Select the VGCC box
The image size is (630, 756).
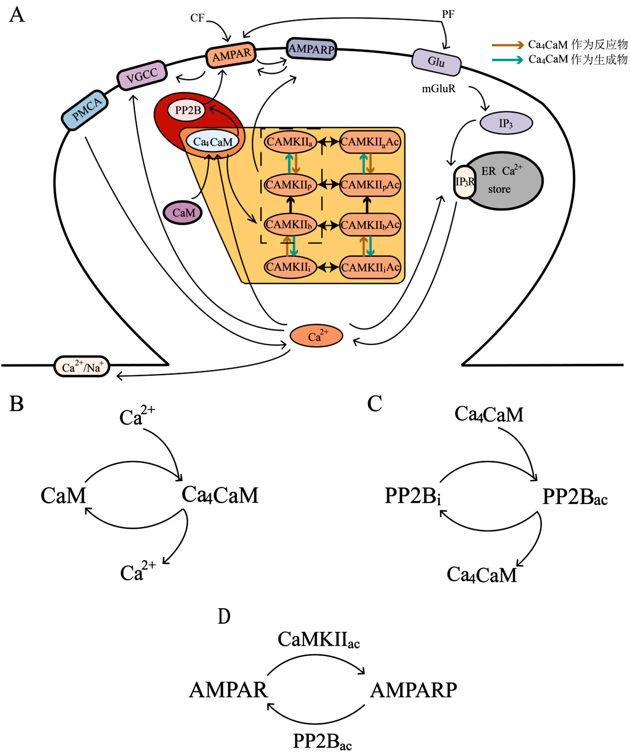pyautogui.click(x=142, y=75)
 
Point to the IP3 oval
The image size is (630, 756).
pyautogui.click(x=506, y=123)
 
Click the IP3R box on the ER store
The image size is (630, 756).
pyautogui.click(x=465, y=182)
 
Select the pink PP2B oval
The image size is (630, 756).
pyautogui.click(x=187, y=110)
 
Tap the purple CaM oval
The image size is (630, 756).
pyautogui.click(x=183, y=213)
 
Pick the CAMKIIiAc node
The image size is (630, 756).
pyautogui.click(x=370, y=267)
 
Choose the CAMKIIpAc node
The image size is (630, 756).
pyautogui.click(x=370, y=185)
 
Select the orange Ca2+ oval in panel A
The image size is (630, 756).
pyautogui.click(x=316, y=336)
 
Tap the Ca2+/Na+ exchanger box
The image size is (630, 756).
pyautogui.click(x=82, y=367)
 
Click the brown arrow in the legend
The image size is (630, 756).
pyautogui.click(x=508, y=45)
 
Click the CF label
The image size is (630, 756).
pyautogui.click(x=197, y=18)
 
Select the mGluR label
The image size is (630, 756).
pyautogui.click(x=438, y=89)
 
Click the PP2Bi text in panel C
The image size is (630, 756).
pyautogui.click(x=413, y=496)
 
